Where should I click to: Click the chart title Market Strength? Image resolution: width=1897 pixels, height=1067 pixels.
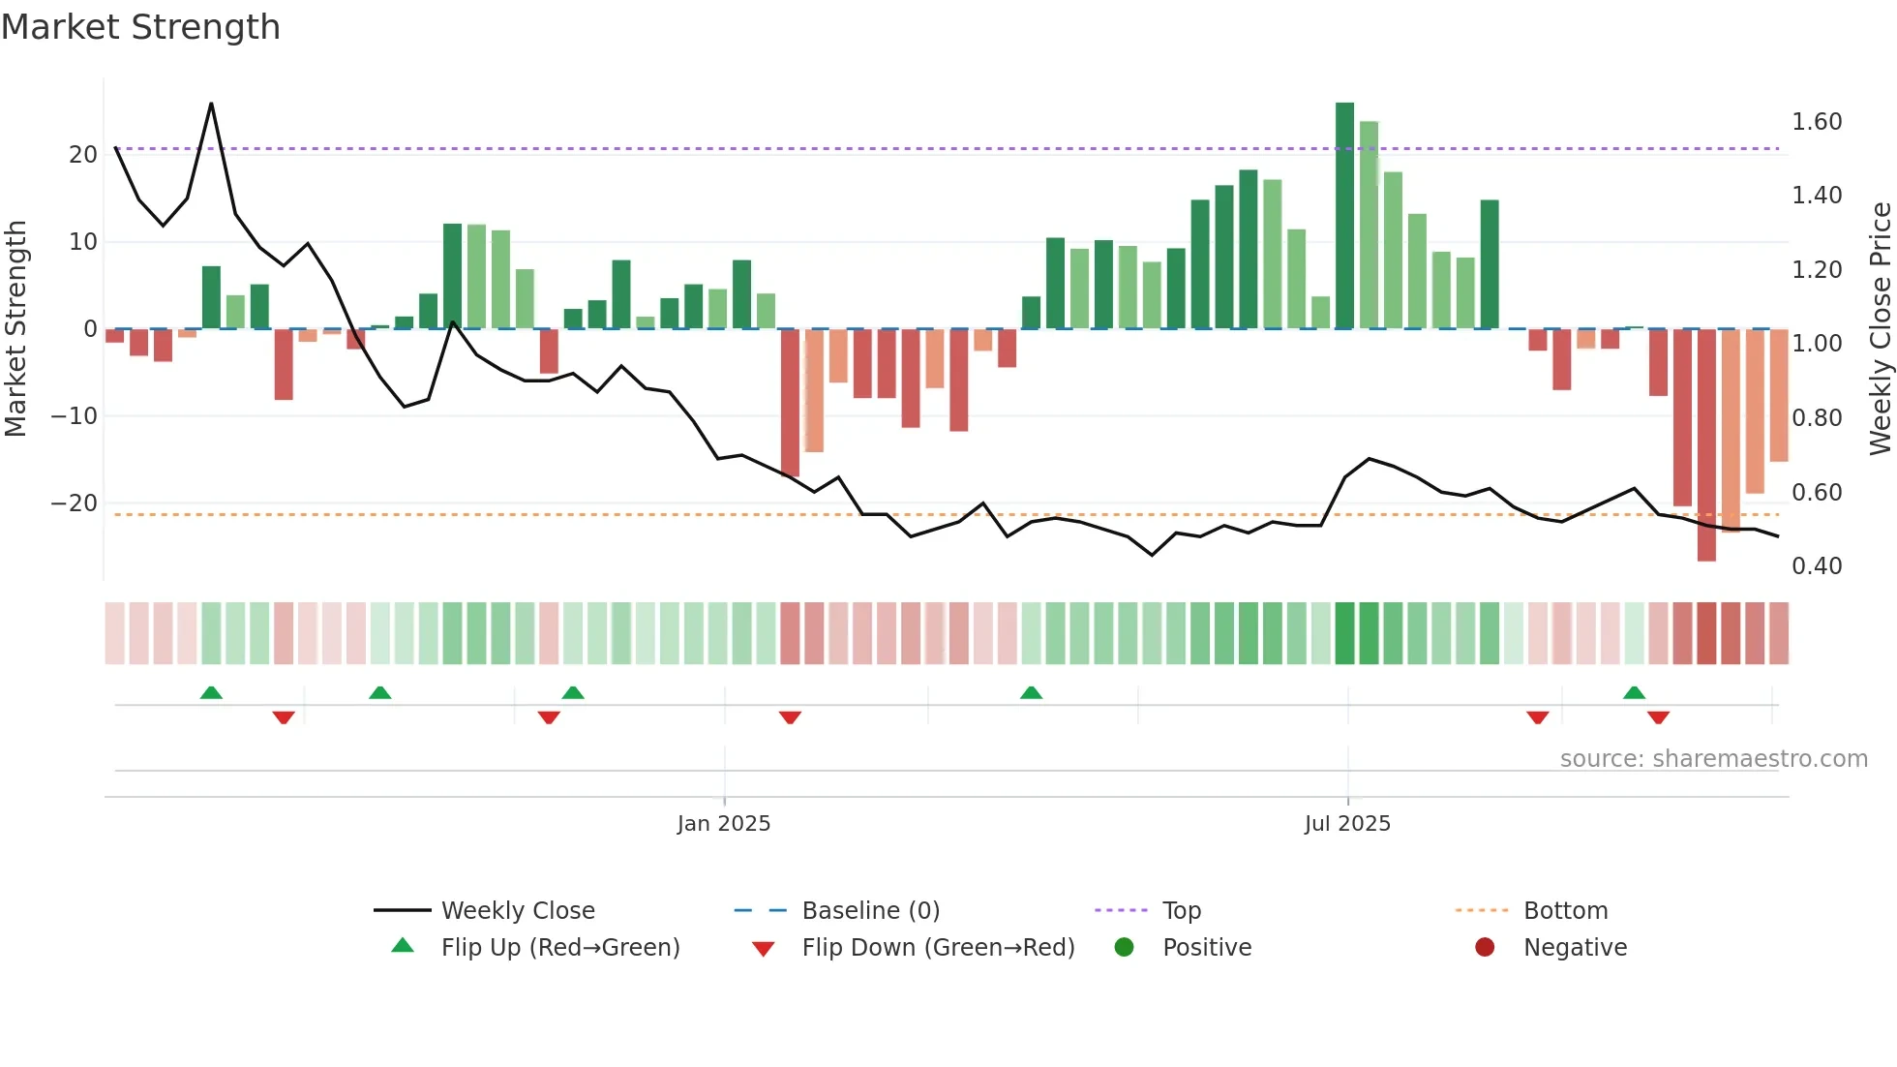click(x=140, y=26)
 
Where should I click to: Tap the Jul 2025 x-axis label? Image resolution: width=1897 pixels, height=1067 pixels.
click(x=1346, y=823)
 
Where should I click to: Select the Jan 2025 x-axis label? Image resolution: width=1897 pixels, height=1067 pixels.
click(x=723, y=823)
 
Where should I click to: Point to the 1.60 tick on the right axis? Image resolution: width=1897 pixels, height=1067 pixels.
click(x=1816, y=122)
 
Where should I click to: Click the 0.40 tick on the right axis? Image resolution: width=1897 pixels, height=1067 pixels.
click(x=1816, y=566)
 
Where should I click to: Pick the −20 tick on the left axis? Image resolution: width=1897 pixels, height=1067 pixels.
click(x=74, y=503)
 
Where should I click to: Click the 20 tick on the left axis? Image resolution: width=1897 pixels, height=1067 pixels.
click(x=83, y=155)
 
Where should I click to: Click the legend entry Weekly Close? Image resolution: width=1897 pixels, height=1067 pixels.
click(x=517, y=910)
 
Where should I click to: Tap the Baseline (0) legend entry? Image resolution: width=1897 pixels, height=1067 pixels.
click(x=870, y=910)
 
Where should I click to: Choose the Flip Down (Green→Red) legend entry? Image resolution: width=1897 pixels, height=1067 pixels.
click(x=937, y=947)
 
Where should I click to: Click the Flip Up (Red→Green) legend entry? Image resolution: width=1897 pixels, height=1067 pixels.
click(x=559, y=947)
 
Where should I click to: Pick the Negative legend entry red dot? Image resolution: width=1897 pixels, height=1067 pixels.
click(x=1485, y=947)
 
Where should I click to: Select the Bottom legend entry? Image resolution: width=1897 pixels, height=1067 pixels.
click(x=1565, y=910)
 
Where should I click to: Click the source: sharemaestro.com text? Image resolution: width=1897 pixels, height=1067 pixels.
click(x=1713, y=759)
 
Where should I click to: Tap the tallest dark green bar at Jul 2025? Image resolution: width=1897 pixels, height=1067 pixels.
click(x=1344, y=213)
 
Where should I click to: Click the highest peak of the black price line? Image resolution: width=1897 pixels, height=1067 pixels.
click(x=211, y=105)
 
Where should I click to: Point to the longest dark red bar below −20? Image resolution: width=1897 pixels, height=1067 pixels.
click(x=1706, y=445)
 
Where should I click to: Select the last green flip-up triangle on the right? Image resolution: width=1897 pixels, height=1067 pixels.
click(x=1634, y=692)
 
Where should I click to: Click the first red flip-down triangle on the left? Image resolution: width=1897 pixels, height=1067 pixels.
click(x=284, y=717)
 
